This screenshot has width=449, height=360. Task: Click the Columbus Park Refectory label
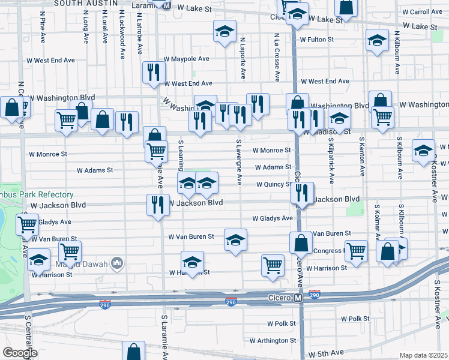click(36, 195)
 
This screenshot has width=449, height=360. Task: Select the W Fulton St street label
click(316, 40)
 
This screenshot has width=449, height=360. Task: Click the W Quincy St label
click(274, 185)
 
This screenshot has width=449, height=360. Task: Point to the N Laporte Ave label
click(243, 59)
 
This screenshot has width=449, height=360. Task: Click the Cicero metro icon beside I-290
click(297, 298)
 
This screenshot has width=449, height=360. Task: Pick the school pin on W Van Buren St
click(235, 240)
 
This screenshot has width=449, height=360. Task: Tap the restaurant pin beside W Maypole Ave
click(154, 73)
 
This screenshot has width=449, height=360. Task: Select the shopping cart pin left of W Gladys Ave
click(27, 225)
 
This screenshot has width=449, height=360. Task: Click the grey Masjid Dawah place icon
click(117, 262)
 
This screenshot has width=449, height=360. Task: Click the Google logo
click(20, 353)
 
